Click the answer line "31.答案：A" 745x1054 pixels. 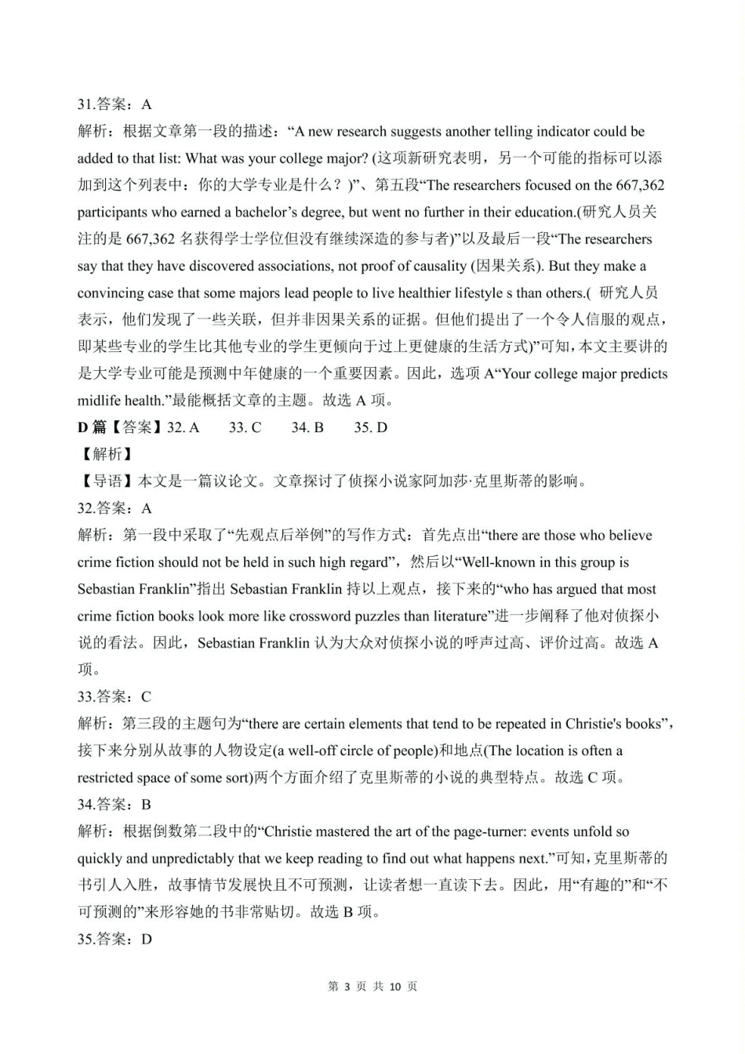pos(114,104)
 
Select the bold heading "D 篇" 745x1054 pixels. pos(92,427)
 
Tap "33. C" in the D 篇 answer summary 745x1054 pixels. pos(245,427)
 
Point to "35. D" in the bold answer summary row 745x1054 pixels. pos(370,427)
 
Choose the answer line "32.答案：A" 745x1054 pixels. pos(114,508)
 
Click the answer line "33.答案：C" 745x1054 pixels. pos(114,696)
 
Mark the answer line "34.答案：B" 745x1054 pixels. pos(114,804)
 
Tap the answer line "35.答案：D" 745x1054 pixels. pos(114,939)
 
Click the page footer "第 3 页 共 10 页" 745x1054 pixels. pos(372,987)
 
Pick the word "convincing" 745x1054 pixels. pos(111,293)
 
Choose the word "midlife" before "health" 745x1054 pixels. pos(99,401)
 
